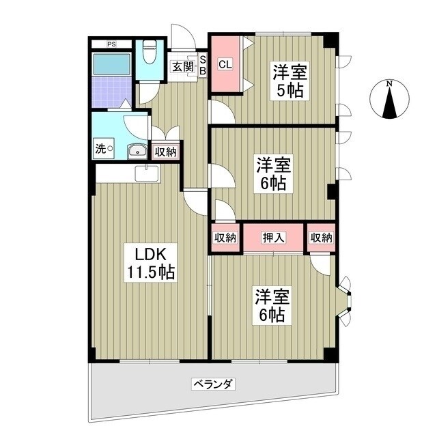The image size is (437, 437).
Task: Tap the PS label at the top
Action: coord(111,44)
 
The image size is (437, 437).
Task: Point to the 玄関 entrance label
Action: coord(182,66)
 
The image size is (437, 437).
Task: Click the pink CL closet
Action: coord(224,65)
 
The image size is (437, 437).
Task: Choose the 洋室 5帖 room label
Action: coord(289,81)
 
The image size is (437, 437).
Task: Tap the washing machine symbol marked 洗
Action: coord(103,150)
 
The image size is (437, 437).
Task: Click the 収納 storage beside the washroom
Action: coord(165,152)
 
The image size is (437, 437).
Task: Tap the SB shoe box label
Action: coord(202,66)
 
